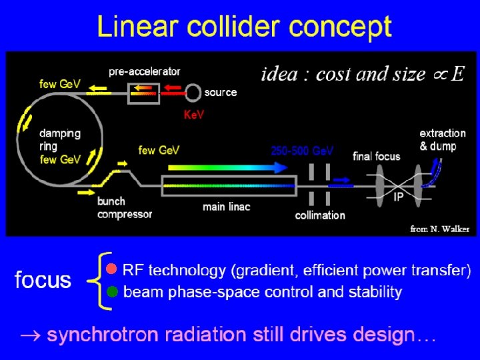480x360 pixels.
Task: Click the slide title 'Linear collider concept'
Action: pyautogui.click(x=244, y=28)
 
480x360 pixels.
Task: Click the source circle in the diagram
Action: pyautogui.click(x=193, y=92)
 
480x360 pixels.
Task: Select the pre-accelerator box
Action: pyautogui.click(x=143, y=93)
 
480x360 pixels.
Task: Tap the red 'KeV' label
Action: pyautogui.click(x=193, y=115)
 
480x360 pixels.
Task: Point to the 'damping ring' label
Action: pyautogui.click(x=59, y=139)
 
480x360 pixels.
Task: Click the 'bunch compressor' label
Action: pyautogui.click(x=125, y=208)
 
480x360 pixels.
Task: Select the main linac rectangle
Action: pyautogui.click(x=229, y=183)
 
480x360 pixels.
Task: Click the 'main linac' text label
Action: pyautogui.click(x=226, y=207)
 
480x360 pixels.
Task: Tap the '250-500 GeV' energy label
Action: pyautogui.click(x=302, y=151)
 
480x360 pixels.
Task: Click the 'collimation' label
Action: pyautogui.click(x=320, y=215)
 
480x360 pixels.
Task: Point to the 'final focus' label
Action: pyautogui.click(x=377, y=157)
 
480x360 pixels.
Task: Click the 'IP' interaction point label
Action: pyautogui.click(x=398, y=198)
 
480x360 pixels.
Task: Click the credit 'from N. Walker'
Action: pyautogui.click(x=439, y=229)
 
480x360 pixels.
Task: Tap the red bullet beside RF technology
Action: pyautogui.click(x=112, y=269)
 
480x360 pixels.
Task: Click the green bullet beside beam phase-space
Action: pyautogui.click(x=112, y=291)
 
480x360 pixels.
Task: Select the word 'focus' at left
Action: pyautogui.click(x=43, y=280)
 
